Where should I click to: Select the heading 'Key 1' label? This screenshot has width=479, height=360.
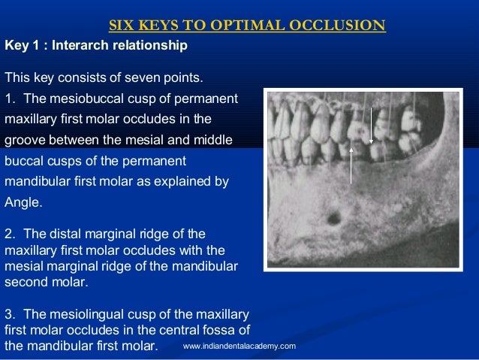pyautogui.click(x=22, y=47)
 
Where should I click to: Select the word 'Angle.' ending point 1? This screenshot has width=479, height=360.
pyautogui.click(x=23, y=201)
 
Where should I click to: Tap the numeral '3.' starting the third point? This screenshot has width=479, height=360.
pyautogui.click(x=11, y=313)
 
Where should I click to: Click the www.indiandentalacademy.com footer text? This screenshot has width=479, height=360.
pyautogui.click(x=239, y=346)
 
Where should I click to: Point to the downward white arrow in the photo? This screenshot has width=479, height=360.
pyautogui.click(x=371, y=124)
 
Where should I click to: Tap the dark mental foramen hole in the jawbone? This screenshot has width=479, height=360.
pyautogui.click(x=333, y=219)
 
